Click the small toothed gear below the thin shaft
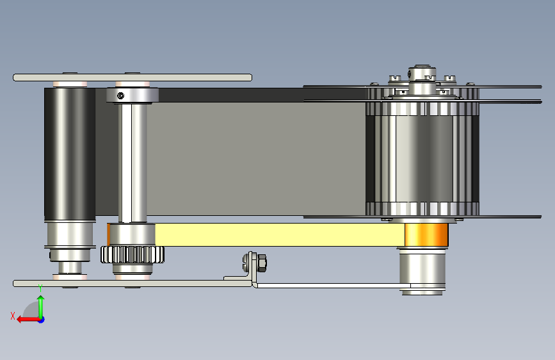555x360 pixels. click(x=133, y=255)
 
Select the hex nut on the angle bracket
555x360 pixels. click(x=262, y=263)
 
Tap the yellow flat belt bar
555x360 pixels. click(x=280, y=234)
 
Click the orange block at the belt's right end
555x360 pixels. click(x=426, y=234)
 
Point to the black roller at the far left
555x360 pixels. click(x=70, y=154)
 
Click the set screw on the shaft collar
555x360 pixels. click(x=121, y=95)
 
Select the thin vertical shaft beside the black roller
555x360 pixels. click(x=133, y=162)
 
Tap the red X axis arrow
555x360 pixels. click(x=28, y=320)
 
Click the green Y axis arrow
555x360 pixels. click(x=41, y=307)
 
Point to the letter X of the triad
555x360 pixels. click(x=13, y=316)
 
